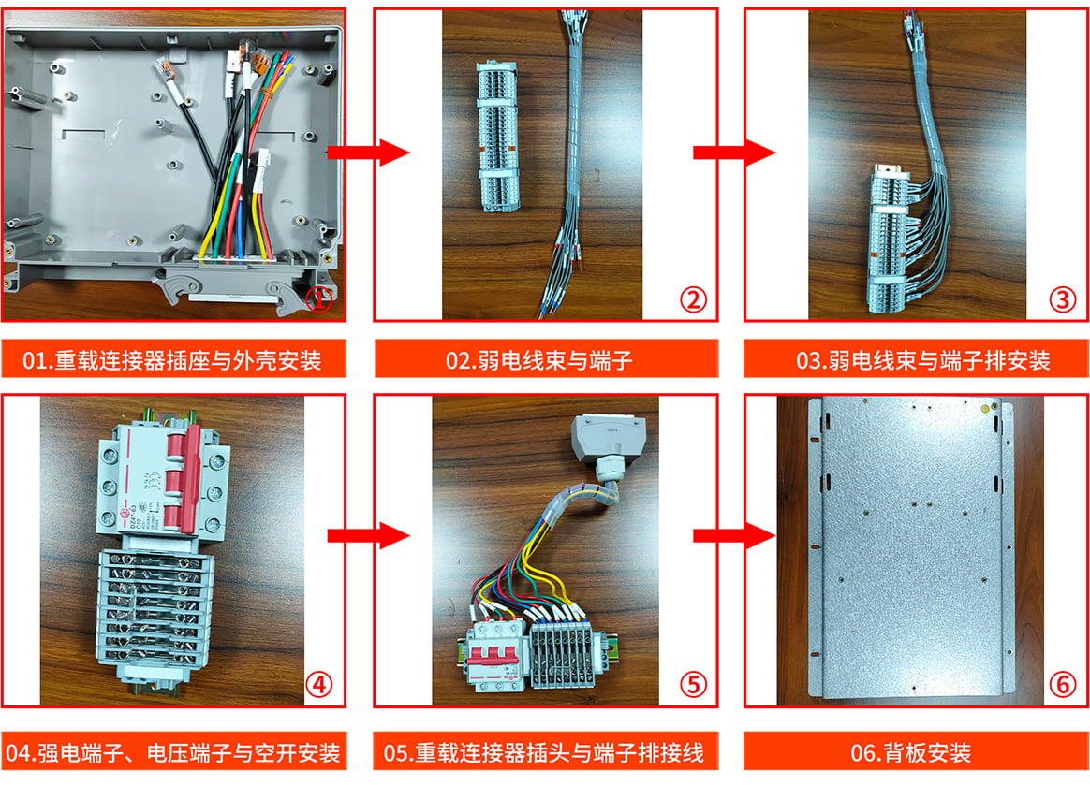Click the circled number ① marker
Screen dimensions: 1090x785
[x=318, y=300]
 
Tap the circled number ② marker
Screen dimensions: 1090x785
[x=693, y=300]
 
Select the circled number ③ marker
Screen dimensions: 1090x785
[x=1062, y=300]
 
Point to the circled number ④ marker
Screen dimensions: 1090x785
[x=318, y=685]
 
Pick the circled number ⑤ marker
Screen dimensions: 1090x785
[x=693, y=685]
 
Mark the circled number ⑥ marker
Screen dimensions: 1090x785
[x=1062, y=685]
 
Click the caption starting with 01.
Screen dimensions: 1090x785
[x=172, y=360]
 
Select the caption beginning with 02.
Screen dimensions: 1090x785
[x=538, y=360]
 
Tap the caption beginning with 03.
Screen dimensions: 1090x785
[x=922, y=360]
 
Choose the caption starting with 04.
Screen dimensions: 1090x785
[x=172, y=753]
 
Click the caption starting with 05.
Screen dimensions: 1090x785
[x=544, y=753]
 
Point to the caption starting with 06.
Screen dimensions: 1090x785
[x=910, y=753]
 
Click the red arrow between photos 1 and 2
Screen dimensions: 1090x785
[x=368, y=153]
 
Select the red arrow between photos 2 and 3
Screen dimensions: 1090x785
[x=734, y=153]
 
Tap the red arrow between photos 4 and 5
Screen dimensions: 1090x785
[x=368, y=535]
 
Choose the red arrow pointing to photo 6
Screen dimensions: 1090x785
[x=734, y=535]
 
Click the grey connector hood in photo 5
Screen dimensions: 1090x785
[x=607, y=438]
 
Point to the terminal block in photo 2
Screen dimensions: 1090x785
[x=497, y=137]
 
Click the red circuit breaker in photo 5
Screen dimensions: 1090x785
[x=495, y=654]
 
